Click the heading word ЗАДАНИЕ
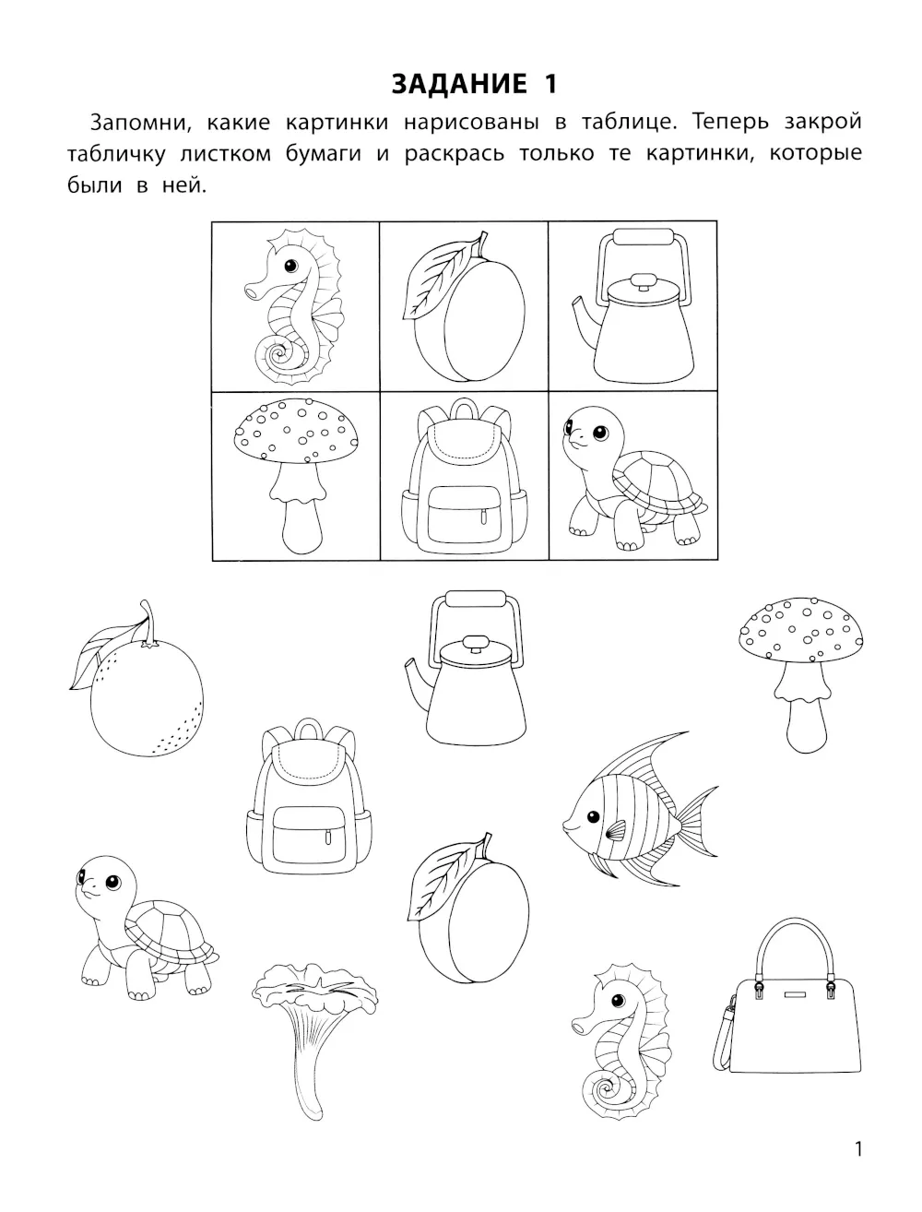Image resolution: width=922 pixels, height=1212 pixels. click(459, 85)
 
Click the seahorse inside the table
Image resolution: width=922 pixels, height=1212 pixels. click(294, 307)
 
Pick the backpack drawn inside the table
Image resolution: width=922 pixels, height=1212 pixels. click(464, 476)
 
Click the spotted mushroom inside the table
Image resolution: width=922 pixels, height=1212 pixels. click(295, 476)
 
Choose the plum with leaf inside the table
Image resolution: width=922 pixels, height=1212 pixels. click(464, 307)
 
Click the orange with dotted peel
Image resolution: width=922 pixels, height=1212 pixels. click(136, 678)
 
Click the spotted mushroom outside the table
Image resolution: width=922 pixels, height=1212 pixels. click(800, 675)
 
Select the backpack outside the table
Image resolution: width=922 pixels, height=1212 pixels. click(309, 796)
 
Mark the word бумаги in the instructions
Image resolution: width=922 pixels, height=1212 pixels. click(324, 154)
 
